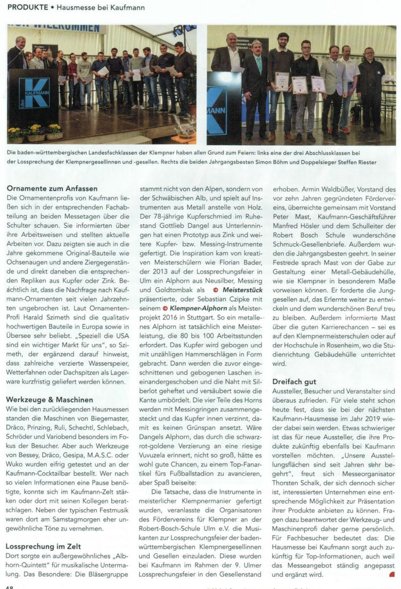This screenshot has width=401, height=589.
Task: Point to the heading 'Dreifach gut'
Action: [294, 381]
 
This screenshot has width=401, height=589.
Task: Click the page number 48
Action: [11, 586]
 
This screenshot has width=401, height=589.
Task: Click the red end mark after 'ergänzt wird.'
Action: [392, 575]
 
